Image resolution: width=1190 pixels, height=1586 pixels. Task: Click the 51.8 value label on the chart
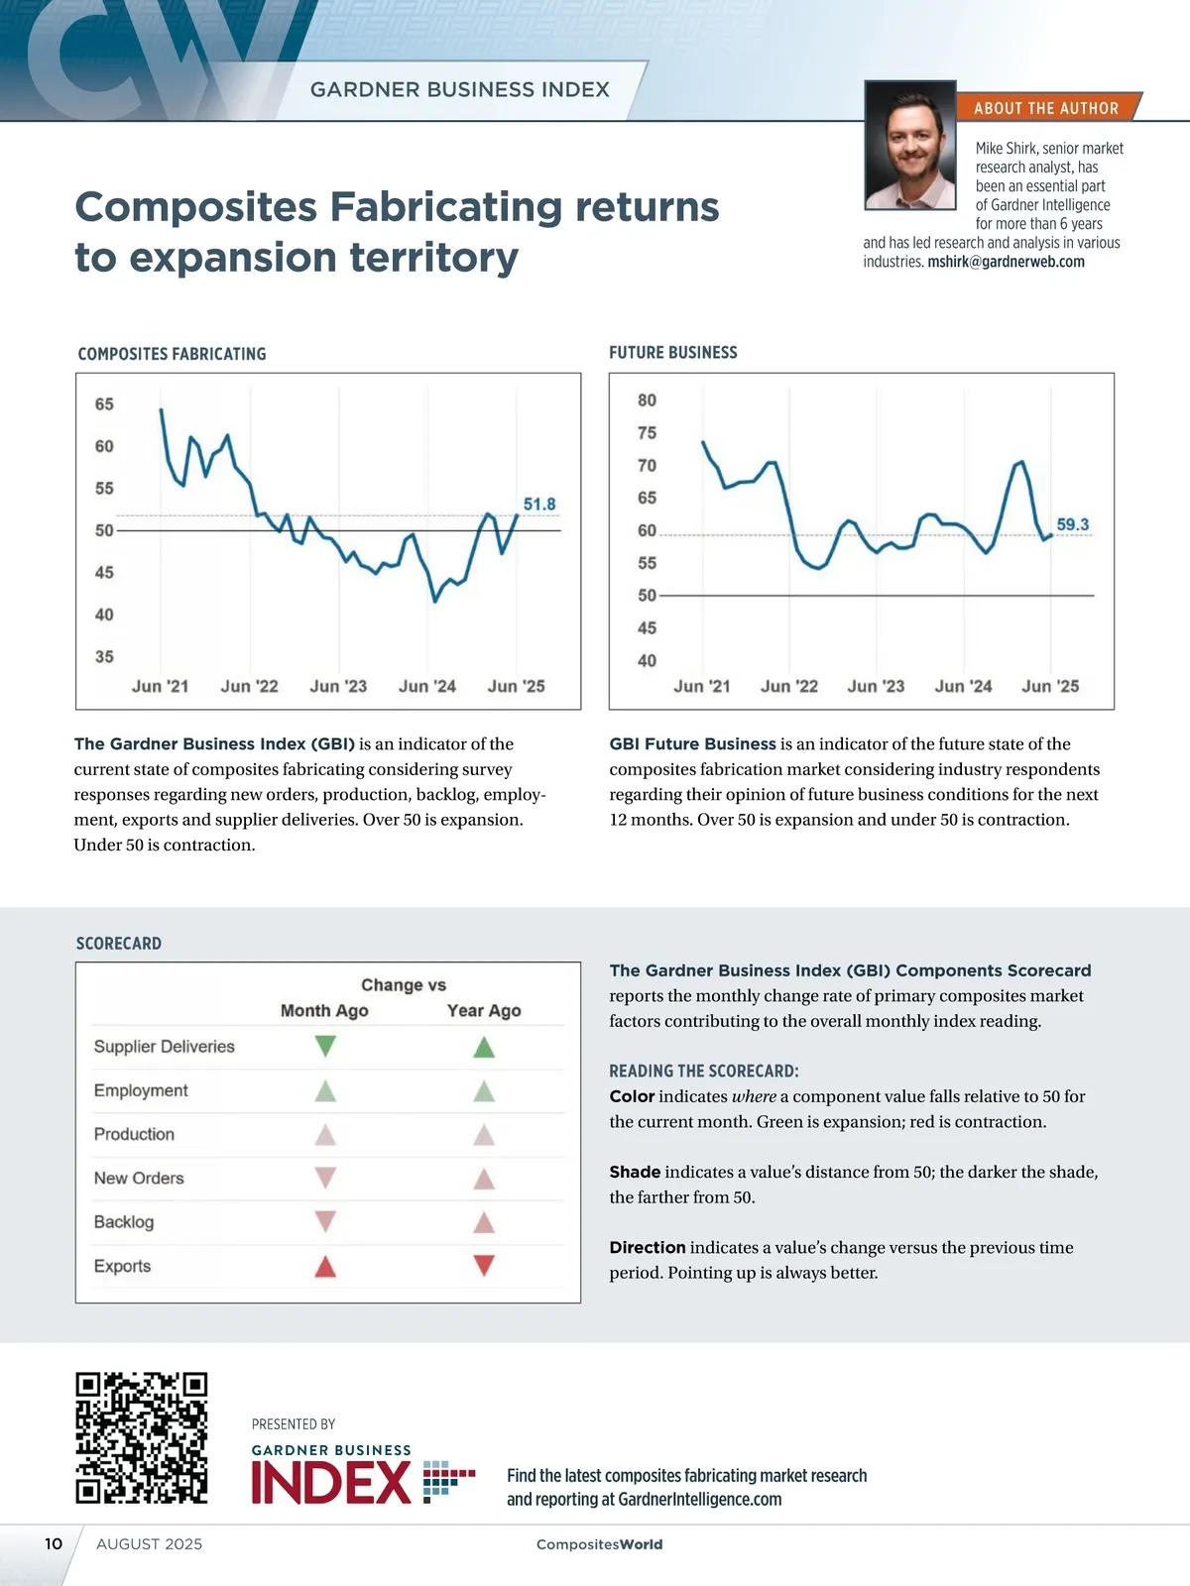(539, 505)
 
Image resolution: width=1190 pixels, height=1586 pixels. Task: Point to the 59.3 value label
(1072, 524)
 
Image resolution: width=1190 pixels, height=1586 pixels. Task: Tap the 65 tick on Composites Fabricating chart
(104, 404)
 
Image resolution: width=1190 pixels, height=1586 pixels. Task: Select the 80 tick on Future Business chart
(647, 400)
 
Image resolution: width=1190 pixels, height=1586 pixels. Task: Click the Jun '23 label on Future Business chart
(876, 686)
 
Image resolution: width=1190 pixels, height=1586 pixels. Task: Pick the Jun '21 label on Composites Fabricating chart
(160, 686)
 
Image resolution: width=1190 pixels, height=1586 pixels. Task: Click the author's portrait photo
(910, 146)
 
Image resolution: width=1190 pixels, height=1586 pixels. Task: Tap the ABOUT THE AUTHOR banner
(1046, 108)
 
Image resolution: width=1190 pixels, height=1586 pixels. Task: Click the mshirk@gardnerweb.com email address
(1006, 262)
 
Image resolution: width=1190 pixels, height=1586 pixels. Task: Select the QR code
(142, 1438)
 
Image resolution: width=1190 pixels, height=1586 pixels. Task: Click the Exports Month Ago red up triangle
(325, 1266)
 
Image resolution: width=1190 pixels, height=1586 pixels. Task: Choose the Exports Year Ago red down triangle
(484, 1266)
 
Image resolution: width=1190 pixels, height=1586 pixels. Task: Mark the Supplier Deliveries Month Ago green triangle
(325, 1046)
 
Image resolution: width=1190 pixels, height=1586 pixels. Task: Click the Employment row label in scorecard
(141, 1090)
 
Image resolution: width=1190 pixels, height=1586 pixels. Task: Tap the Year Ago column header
(484, 1010)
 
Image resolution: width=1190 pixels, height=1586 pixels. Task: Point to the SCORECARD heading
(119, 944)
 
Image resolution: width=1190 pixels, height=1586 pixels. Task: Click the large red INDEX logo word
(331, 1483)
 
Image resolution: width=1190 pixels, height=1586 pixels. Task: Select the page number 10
(54, 1543)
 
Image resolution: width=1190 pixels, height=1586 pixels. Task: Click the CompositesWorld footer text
(599, 1544)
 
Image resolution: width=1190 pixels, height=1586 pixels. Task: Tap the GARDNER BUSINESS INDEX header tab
(459, 90)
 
